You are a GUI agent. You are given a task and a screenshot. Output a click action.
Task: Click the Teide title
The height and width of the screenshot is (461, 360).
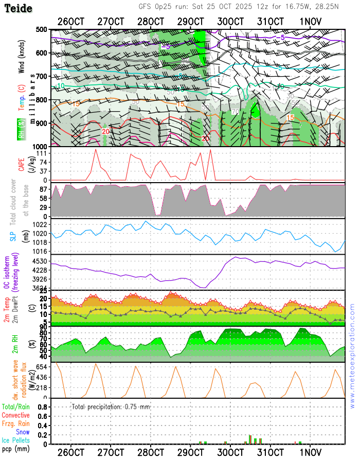click(18, 9)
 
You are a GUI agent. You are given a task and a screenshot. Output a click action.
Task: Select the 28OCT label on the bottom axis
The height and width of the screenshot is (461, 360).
click(151, 452)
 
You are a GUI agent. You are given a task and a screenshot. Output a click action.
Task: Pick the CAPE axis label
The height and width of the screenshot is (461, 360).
click(22, 163)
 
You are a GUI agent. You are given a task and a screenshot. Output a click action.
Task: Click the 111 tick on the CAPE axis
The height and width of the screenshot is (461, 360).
click(42, 154)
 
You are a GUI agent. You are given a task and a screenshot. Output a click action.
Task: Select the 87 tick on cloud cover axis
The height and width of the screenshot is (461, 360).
click(42, 190)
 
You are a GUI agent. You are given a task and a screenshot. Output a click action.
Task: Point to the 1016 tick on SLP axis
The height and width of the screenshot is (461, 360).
click(41, 251)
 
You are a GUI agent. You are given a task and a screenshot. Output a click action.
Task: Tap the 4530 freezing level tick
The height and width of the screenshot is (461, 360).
click(41, 261)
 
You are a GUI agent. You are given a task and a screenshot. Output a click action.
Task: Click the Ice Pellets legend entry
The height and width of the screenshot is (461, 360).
click(15, 440)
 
